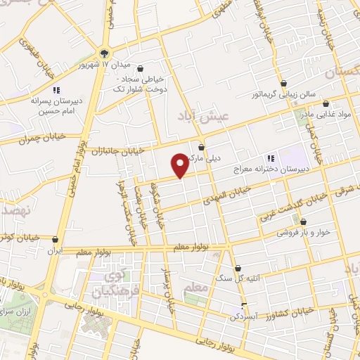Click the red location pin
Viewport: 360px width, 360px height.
coord(181,165)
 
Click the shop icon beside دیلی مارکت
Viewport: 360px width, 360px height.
coord(202,148)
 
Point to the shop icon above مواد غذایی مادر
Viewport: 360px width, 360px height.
coord(345,103)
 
